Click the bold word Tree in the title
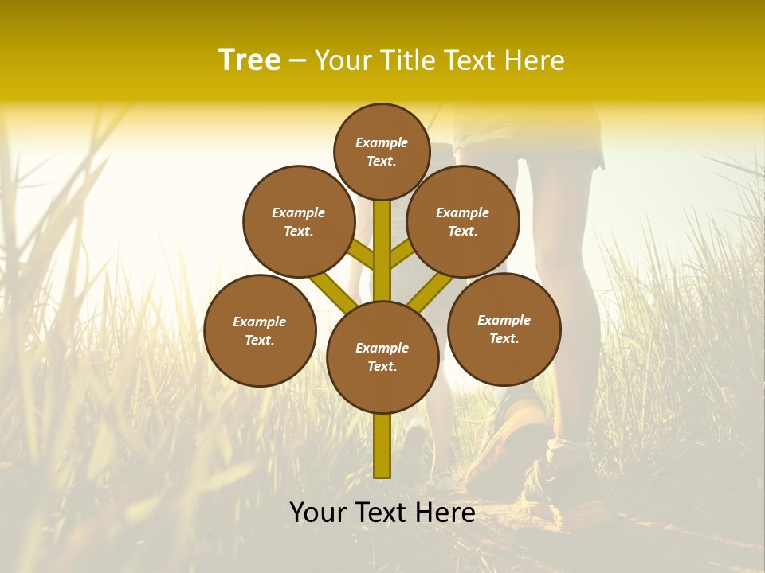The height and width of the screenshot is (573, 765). point(249,60)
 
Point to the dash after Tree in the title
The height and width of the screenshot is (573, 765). point(297,61)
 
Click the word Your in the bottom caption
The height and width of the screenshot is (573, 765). point(318,513)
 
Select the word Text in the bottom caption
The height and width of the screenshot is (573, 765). point(380,513)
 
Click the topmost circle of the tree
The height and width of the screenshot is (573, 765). point(382,151)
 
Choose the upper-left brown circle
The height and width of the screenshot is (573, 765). point(299,221)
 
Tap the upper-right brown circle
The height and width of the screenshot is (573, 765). point(463,221)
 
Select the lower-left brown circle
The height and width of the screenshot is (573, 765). point(260,330)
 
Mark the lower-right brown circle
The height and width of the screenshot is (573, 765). point(504,329)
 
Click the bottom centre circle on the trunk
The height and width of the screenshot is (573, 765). point(382,357)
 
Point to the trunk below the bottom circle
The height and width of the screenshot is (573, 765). point(382,446)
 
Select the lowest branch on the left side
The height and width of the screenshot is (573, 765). point(331,290)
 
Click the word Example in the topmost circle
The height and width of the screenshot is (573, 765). point(382,142)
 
